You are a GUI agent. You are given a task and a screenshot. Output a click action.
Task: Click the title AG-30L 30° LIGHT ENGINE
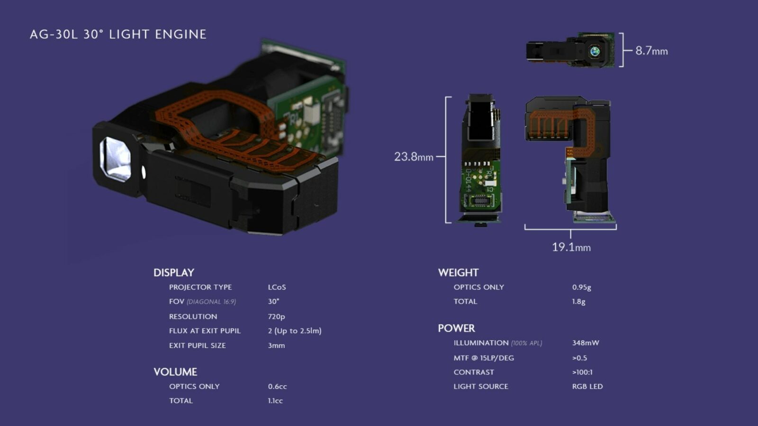(118, 35)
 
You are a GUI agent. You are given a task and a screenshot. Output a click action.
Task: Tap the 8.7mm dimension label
(651, 51)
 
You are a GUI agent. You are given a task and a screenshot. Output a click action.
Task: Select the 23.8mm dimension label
(414, 157)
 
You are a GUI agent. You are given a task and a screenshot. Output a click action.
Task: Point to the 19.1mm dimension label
(571, 247)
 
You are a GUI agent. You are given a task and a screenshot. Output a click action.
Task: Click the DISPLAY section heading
(174, 273)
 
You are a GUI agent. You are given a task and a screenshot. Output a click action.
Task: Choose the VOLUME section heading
(175, 372)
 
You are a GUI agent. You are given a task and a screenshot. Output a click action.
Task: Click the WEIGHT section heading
(458, 273)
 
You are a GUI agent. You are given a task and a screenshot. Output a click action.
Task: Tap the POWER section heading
(456, 328)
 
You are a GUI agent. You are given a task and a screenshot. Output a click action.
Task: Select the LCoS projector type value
(277, 287)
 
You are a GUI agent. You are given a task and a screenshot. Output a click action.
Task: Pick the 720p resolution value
(276, 317)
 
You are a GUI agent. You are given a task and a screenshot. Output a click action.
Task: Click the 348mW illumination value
(586, 343)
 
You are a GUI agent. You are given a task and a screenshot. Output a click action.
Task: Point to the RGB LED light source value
(587, 386)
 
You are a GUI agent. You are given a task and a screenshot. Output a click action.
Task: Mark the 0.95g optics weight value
(581, 287)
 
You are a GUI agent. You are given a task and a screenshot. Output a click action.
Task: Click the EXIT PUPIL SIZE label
(198, 346)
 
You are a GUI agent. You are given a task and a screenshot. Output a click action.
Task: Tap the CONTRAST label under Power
(474, 372)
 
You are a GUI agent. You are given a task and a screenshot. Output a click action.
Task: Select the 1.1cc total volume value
(275, 401)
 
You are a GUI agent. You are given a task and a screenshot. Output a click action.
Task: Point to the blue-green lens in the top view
(595, 51)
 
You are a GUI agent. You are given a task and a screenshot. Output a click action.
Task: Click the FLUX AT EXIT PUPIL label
(205, 331)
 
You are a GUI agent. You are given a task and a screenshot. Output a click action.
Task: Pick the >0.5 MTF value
(579, 358)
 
